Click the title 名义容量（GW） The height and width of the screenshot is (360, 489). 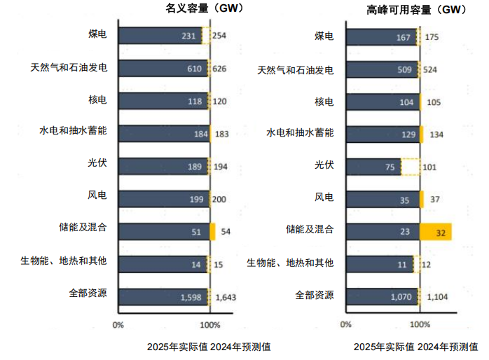(189, 10)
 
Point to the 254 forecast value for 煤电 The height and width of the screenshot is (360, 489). (221, 36)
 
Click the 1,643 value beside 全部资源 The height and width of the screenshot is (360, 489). (226, 297)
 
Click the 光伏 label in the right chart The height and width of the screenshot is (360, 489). (323, 167)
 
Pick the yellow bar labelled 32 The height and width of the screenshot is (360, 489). (436, 232)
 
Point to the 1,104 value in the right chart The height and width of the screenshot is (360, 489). (436, 297)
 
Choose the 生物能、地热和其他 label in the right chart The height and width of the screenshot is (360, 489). (291, 263)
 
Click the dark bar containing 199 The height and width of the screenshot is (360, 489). (163, 199)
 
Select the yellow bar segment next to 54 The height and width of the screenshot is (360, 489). (212, 232)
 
